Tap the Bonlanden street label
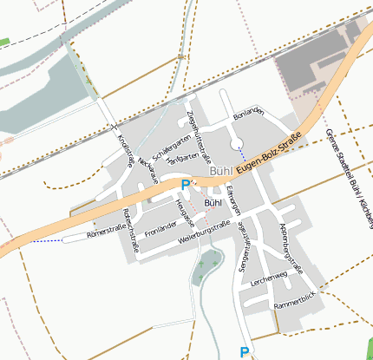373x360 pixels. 247,115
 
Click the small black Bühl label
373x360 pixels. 213,203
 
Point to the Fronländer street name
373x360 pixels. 161,231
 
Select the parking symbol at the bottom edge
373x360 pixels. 245,351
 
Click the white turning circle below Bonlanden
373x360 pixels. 237,143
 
